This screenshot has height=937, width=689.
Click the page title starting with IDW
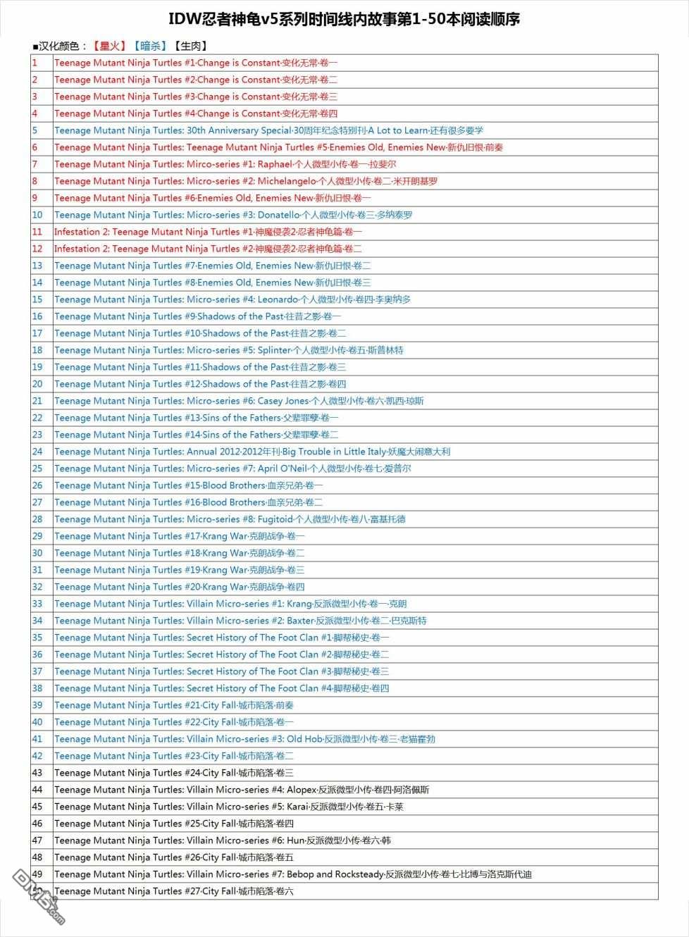coord(344,20)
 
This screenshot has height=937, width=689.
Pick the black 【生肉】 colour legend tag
coord(190,46)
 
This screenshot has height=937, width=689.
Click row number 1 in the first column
coord(35,63)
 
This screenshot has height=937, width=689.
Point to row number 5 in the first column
coord(35,130)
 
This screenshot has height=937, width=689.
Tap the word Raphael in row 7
coord(275,164)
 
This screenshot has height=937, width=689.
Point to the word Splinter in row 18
coord(274,350)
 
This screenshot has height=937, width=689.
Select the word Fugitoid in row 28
coord(275,519)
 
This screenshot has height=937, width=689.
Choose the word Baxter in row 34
coord(300,621)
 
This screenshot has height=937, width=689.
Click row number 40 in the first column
coord(37,722)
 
